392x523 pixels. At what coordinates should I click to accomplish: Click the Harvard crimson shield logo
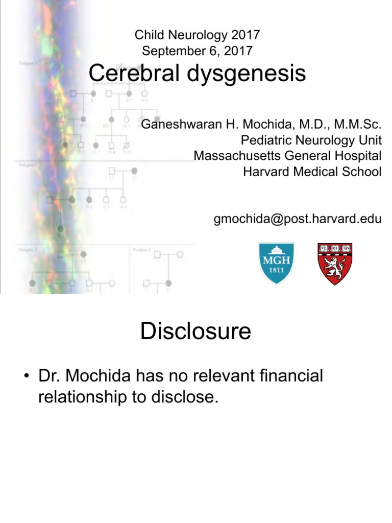click(x=335, y=264)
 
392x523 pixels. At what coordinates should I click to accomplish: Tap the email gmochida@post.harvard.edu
click(x=297, y=219)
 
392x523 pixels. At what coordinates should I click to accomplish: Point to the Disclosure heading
click(x=195, y=332)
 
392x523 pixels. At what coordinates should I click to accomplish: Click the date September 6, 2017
click(x=197, y=50)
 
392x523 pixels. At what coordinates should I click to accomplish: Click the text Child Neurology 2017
click(x=197, y=35)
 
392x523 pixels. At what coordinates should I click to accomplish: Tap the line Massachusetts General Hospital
click(x=287, y=156)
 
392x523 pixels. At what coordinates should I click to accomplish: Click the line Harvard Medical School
click(x=312, y=172)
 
